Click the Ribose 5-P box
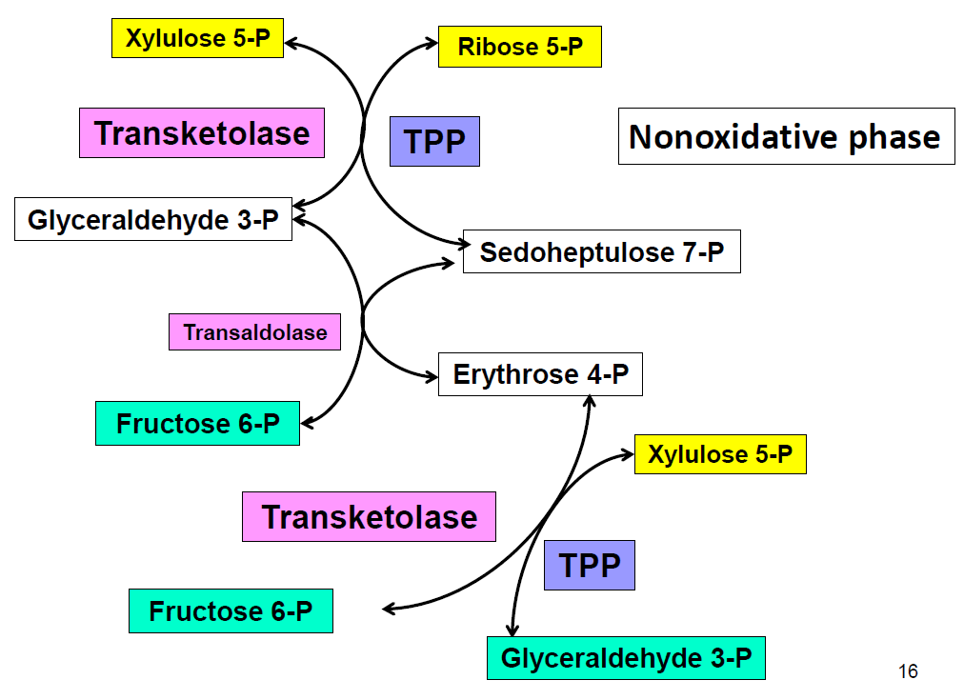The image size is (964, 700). [519, 47]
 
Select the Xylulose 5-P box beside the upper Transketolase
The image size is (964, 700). [197, 39]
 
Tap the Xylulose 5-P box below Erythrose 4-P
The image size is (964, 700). [719, 454]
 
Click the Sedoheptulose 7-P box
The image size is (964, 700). [601, 252]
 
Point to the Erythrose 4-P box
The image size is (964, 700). [540, 374]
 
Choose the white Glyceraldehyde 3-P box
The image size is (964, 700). [153, 220]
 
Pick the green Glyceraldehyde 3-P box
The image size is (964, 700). [626, 658]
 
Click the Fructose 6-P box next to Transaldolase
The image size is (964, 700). [198, 424]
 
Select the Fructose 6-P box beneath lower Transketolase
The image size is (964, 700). [231, 611]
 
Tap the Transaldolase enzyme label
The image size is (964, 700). [254, 332]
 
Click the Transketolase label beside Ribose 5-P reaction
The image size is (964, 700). [202, 133]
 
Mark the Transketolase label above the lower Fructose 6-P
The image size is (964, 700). [369, 517]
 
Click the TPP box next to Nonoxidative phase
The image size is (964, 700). [434, 142]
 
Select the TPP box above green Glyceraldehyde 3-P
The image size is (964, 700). [589, 565]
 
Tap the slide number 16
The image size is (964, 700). [908, 672]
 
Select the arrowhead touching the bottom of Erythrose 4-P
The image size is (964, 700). [589, 401]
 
